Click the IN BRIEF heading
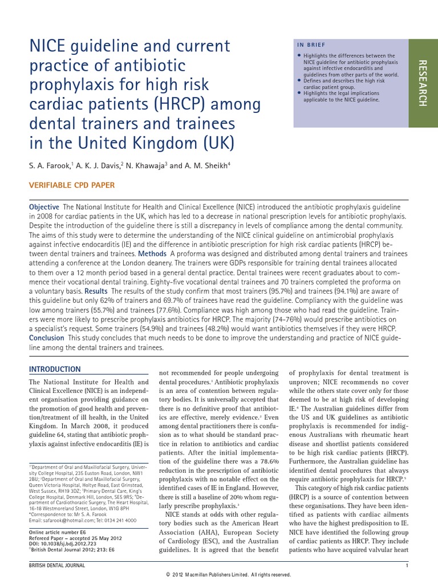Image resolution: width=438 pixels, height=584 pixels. click(x=312, y=44)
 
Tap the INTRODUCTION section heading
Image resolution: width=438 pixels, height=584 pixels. click(x=55, y=369)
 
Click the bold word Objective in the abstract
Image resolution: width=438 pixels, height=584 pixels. click(x=44, y=206)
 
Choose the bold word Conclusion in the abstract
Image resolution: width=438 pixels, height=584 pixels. click(x=47, y=338)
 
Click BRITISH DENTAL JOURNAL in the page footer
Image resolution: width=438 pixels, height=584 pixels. click(x=56, y=565)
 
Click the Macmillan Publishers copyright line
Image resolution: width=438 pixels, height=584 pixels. click(x=219, y=576)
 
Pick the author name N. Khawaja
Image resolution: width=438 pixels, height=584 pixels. click(x=145, y=165)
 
